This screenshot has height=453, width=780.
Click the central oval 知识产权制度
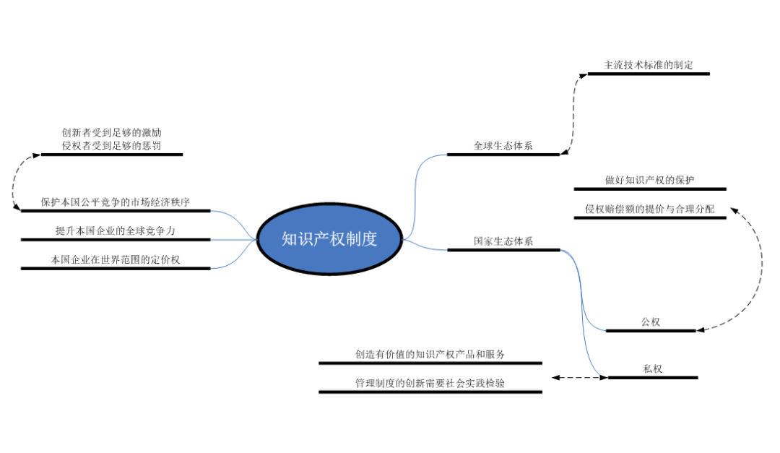[x=329, y=239]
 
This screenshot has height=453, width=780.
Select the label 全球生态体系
[x=503, y=145]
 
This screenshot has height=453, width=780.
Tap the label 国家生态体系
[x=503, y=241]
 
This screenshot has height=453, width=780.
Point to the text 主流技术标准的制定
[x=649, y=65]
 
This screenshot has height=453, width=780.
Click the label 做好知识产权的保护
[x=649, y=180]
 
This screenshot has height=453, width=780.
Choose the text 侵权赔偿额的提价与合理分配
[x=649, y=209]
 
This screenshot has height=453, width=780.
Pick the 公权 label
[x=650, y=322]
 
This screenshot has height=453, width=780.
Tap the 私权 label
[x=652, y=368]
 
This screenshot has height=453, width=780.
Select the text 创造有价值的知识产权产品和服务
[x=430, y=354]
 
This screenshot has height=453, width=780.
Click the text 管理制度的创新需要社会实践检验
[x=430, y=383]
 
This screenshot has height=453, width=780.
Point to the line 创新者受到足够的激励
[x=111, y=133]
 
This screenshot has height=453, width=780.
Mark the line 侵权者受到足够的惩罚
[x=111, y=145]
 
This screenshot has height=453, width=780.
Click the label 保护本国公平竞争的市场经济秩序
[x=116, y=202]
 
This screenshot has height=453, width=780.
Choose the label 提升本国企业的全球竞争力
[x=116, y=230]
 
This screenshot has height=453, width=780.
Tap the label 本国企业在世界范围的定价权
[x=116, y=259]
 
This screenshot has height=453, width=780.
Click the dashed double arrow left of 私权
[x=580, y=377]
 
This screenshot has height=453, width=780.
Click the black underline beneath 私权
[x=653, y=377]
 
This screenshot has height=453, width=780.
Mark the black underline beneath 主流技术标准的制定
[x=649, y=74]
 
